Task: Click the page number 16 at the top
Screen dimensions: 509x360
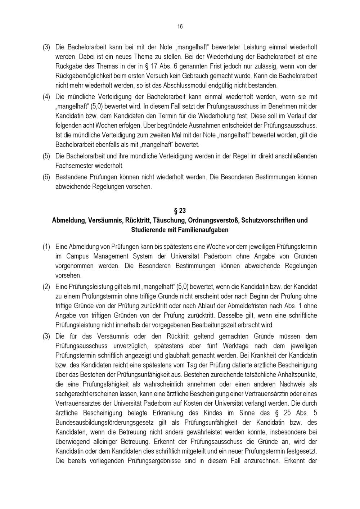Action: (x=180, y=27)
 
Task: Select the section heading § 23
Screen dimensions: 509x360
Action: (x=180, y=211)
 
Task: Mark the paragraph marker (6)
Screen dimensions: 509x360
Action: (x=47, y=177)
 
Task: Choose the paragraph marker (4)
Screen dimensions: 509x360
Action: (x=47, y=97)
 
